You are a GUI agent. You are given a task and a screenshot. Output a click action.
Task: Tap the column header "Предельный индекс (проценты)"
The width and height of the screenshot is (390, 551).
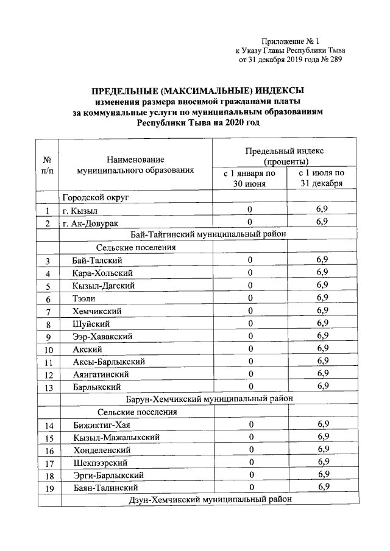pos(285,156)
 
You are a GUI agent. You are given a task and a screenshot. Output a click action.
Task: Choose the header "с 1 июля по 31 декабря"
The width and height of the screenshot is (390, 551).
pos(322,179)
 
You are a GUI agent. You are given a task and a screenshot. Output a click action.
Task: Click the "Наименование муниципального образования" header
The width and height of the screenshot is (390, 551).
pos(135,165)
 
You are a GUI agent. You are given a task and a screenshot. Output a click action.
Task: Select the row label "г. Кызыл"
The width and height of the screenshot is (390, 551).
pos(80,211)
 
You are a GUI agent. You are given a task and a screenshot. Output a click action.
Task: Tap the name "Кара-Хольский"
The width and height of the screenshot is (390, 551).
pos(101,273)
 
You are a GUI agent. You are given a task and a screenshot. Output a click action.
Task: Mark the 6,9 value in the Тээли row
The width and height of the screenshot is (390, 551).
pos(322,298)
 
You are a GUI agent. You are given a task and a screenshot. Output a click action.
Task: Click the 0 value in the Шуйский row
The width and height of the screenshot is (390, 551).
pos(250,323)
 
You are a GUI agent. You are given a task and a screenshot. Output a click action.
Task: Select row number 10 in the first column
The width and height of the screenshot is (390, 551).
pos(48,349)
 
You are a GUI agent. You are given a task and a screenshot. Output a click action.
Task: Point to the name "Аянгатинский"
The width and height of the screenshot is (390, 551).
pos(100,374)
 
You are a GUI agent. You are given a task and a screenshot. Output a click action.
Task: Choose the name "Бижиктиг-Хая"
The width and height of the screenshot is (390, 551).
pos(98,424)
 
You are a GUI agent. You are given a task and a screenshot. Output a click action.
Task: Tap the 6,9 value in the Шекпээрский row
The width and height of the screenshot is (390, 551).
pos(323,462)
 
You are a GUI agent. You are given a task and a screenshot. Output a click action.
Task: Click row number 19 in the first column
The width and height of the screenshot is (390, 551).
pos(48,488)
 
